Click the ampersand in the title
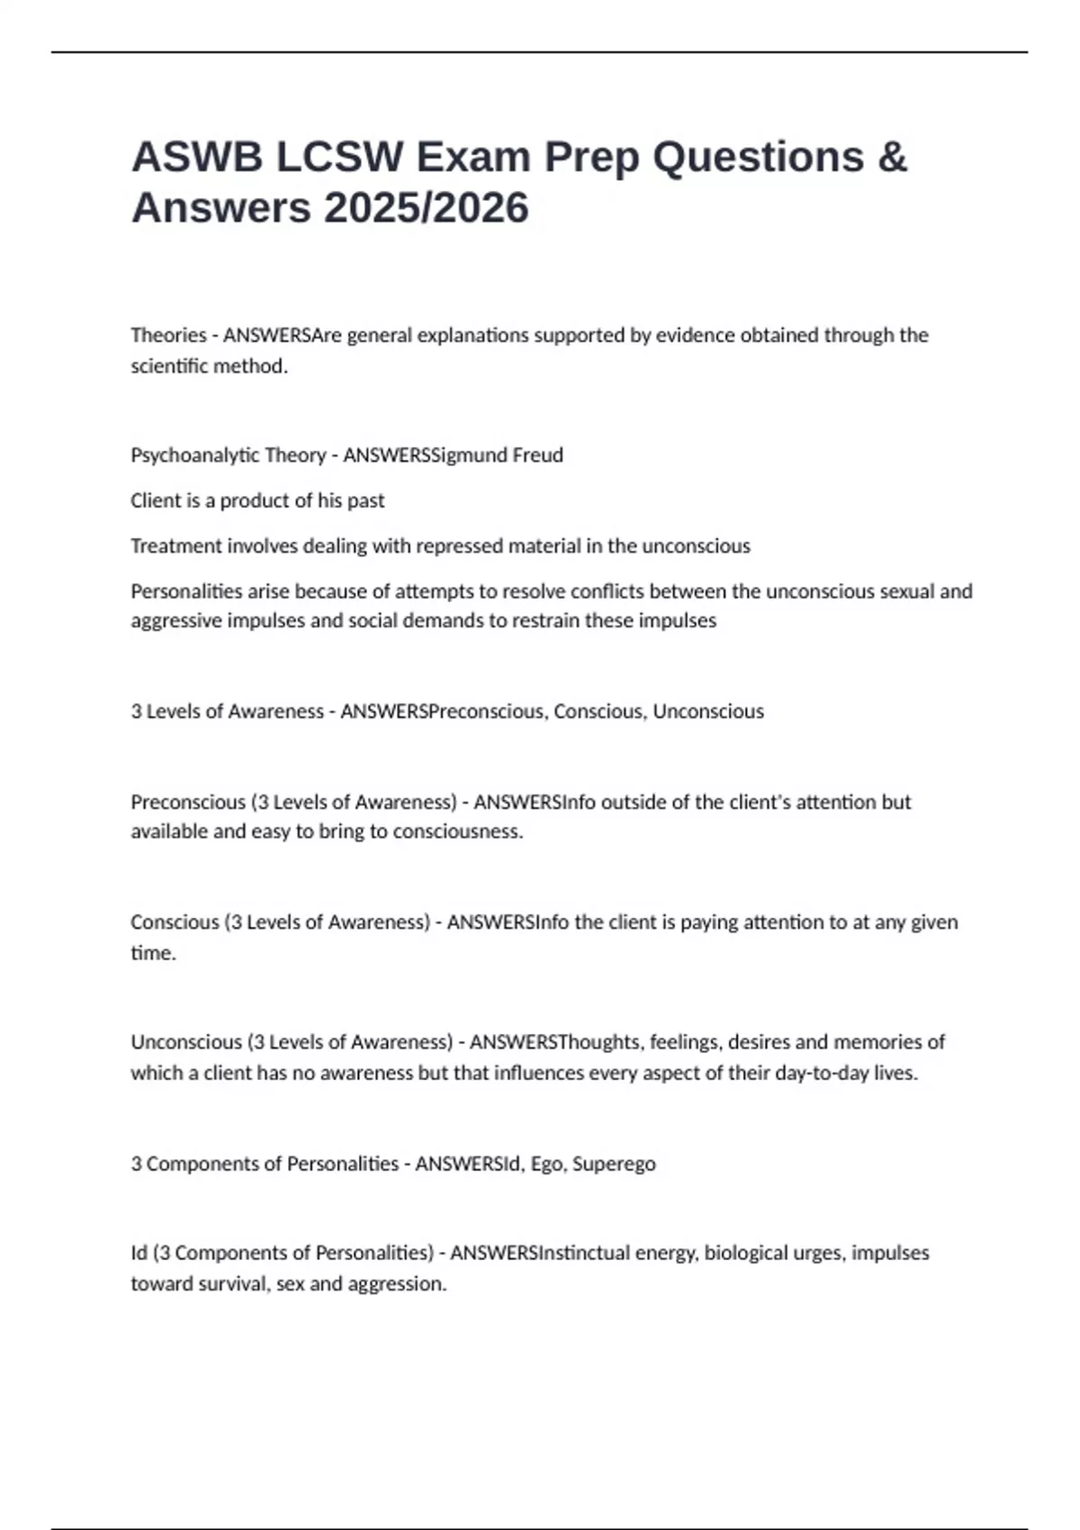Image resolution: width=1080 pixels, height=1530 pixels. (x=890, y=157)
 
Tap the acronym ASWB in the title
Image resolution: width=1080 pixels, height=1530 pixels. (x=197, y=157)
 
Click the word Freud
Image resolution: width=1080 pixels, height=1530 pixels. (x=537, y=455)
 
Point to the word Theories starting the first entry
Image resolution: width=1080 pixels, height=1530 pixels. (x=168, y=336)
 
